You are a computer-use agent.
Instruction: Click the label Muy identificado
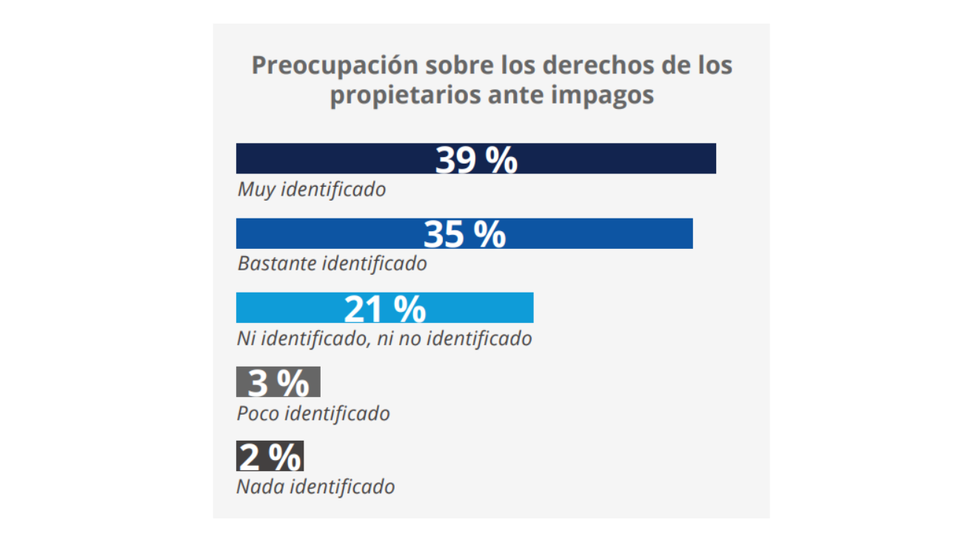pos(311,189)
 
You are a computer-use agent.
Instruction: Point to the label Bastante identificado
pos(332,263)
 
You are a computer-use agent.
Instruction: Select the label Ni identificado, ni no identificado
pos(384,338)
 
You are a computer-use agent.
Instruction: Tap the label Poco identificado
pos(313,413)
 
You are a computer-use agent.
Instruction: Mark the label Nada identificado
pos(315,487)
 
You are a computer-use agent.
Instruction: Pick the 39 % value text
pos(476,159)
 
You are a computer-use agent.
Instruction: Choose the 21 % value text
pos(385,308)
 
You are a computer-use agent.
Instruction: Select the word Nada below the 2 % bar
pos(261,487)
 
